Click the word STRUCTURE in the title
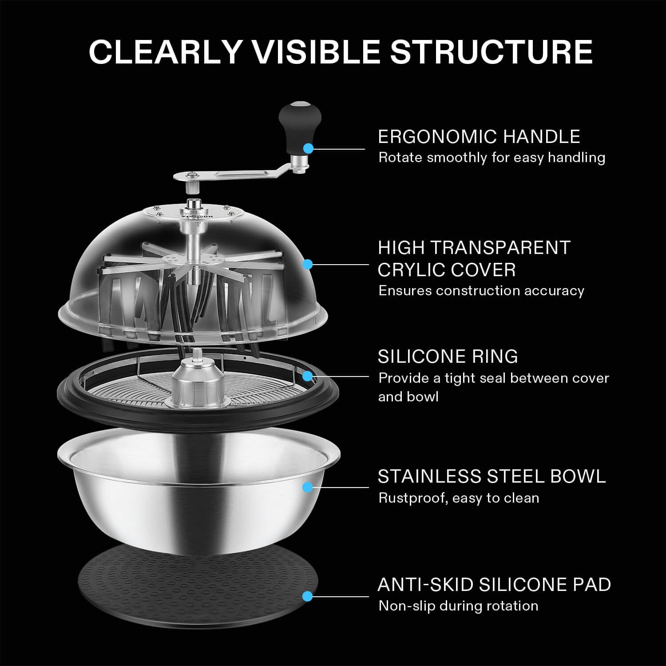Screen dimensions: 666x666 tap(491, 52)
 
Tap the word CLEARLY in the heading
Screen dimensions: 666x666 tap(165, 52)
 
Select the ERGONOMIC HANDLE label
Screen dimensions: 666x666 tap(479, 137)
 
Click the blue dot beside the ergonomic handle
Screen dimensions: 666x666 tap(308, 148)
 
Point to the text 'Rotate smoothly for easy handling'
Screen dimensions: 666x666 tap(492, 158)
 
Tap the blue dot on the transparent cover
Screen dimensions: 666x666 tap(307, 265)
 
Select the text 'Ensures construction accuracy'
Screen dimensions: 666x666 tap(481, 291)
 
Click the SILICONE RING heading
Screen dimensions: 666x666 tap(448, 357)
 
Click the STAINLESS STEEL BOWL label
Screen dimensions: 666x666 tap(492, 476)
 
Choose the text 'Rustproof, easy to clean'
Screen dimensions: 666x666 tap(459, 498)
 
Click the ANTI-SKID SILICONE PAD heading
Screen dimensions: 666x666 tap(494, 585)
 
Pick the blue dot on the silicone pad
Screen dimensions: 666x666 tap(307, 596)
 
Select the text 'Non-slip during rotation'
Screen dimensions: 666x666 tap(458, 606)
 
